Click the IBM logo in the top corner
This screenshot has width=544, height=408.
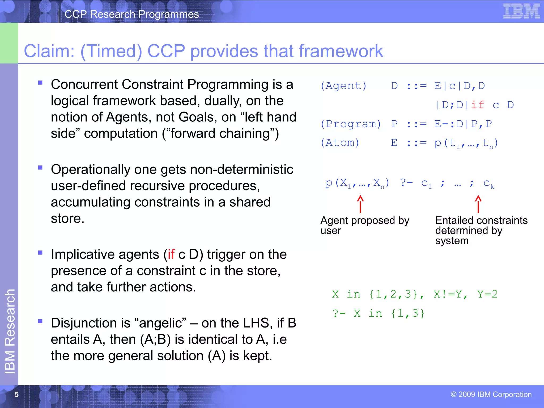click(x=521, y=11)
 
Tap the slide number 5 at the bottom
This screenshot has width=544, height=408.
click(x=16, y=394)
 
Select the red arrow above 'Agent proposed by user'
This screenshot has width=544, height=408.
click(x=360, y=204)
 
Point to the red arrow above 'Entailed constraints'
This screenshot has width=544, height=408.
click(x=478, y=204)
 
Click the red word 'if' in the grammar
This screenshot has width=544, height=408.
click(x=478, y=105)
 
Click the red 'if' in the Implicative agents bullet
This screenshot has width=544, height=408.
click(x=171, y=254)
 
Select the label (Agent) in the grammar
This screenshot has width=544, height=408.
click(x=343, y=86)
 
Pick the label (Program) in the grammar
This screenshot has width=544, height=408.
click(x=351, y=124)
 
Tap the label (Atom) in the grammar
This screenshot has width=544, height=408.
click(x=340, y=143)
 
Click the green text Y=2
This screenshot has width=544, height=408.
click(x=487, y=294)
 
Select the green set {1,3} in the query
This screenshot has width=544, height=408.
click(x=408, y=313)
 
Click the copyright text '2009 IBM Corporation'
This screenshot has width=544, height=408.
click(x=491, y=394)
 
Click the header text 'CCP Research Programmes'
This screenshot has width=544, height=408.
click(x=131, y=14)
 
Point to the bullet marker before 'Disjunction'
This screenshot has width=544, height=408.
click(x=40, y=321)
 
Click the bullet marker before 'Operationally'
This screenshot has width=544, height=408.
click(x=40, y=168)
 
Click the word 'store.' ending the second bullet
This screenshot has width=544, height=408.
click(x=67, y=219)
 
